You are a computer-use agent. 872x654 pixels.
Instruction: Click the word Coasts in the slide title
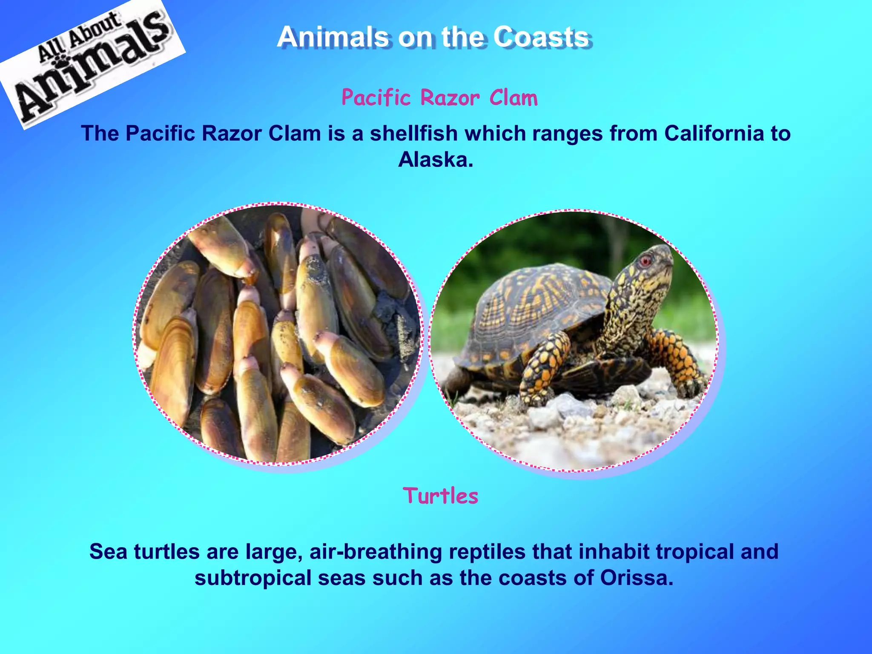point(541,37)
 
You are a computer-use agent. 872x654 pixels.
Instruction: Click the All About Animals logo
point(92,64)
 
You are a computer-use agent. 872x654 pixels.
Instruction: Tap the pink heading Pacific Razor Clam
point(439,98)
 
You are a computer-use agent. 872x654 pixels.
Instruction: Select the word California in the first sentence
point(714,133)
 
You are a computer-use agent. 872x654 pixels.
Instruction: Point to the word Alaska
point(435,160)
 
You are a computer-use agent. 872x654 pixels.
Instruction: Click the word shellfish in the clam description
point(413,133)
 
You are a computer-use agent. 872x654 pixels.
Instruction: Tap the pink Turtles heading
point(441,496)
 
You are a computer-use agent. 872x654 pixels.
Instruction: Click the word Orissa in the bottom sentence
point(637,578)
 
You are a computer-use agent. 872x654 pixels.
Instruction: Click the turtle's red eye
point(646,261)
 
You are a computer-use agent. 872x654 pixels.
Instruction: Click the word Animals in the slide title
point(332,37)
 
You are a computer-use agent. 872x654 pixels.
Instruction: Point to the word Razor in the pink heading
point(450,98)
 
